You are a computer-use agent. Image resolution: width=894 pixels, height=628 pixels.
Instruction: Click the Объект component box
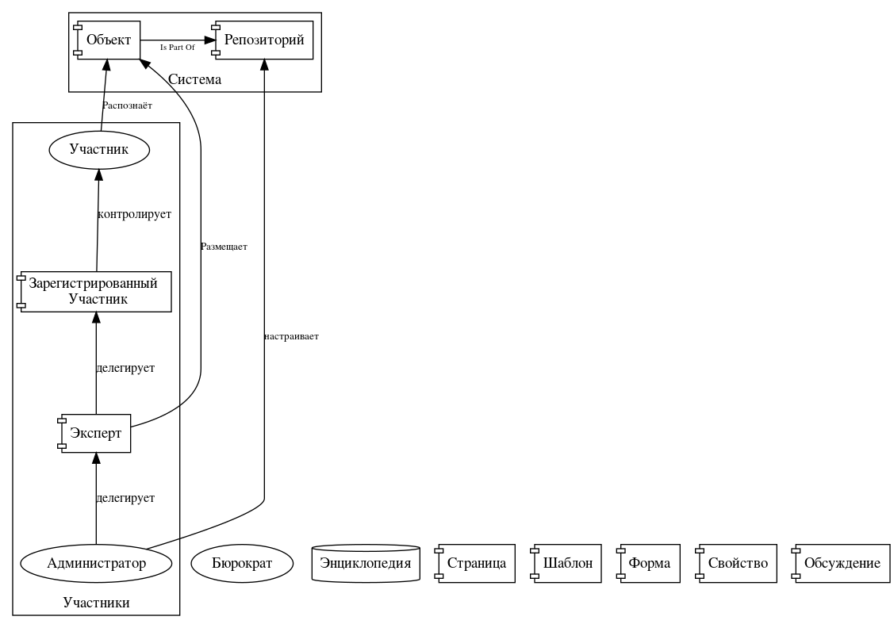pyautogui.click(x=107, y=40)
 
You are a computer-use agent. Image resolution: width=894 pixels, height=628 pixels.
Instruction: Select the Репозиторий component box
pyautogui.click(x=263, y=40)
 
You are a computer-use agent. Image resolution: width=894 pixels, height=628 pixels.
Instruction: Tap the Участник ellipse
pyautogui.click(x=99, y=149)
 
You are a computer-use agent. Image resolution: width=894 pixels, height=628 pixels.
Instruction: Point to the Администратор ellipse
pyautogui.click(x=96, y=564)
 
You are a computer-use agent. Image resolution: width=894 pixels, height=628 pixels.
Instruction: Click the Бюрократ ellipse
pyautogui.click(x=243, y=564)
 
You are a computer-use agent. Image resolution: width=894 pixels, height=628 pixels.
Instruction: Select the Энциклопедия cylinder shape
pyautogui.click(x=366, y=564)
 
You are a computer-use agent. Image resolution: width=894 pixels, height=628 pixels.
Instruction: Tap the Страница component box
pyautogui.click(x=476, y=564)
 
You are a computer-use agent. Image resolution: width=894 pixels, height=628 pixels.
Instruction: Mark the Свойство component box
pyautogui.click(x=735, y=564)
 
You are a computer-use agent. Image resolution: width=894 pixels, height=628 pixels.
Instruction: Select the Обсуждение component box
pyautogui.click(x=842, y=564)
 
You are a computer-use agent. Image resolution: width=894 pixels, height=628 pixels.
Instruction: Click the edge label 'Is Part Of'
pyautogui.click(x=177, y=48)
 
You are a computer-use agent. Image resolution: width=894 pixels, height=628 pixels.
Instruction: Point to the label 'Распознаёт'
pyautogui.click(x=127, y=105)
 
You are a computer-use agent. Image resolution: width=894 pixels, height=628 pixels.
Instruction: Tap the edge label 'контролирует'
pyautogui.click(x=133, y=214)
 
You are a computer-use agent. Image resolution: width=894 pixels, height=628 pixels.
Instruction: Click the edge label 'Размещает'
pyautogui.click(x=224, y=247)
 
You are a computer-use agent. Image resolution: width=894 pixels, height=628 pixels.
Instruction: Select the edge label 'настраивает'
pyautogui.click(x=291, y=336)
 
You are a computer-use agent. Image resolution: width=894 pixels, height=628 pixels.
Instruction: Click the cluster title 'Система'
pyautogui.click(x=195, y=79)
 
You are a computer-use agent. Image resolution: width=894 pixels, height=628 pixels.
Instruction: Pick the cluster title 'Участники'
pyautogui.click(x=96, y=603)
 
